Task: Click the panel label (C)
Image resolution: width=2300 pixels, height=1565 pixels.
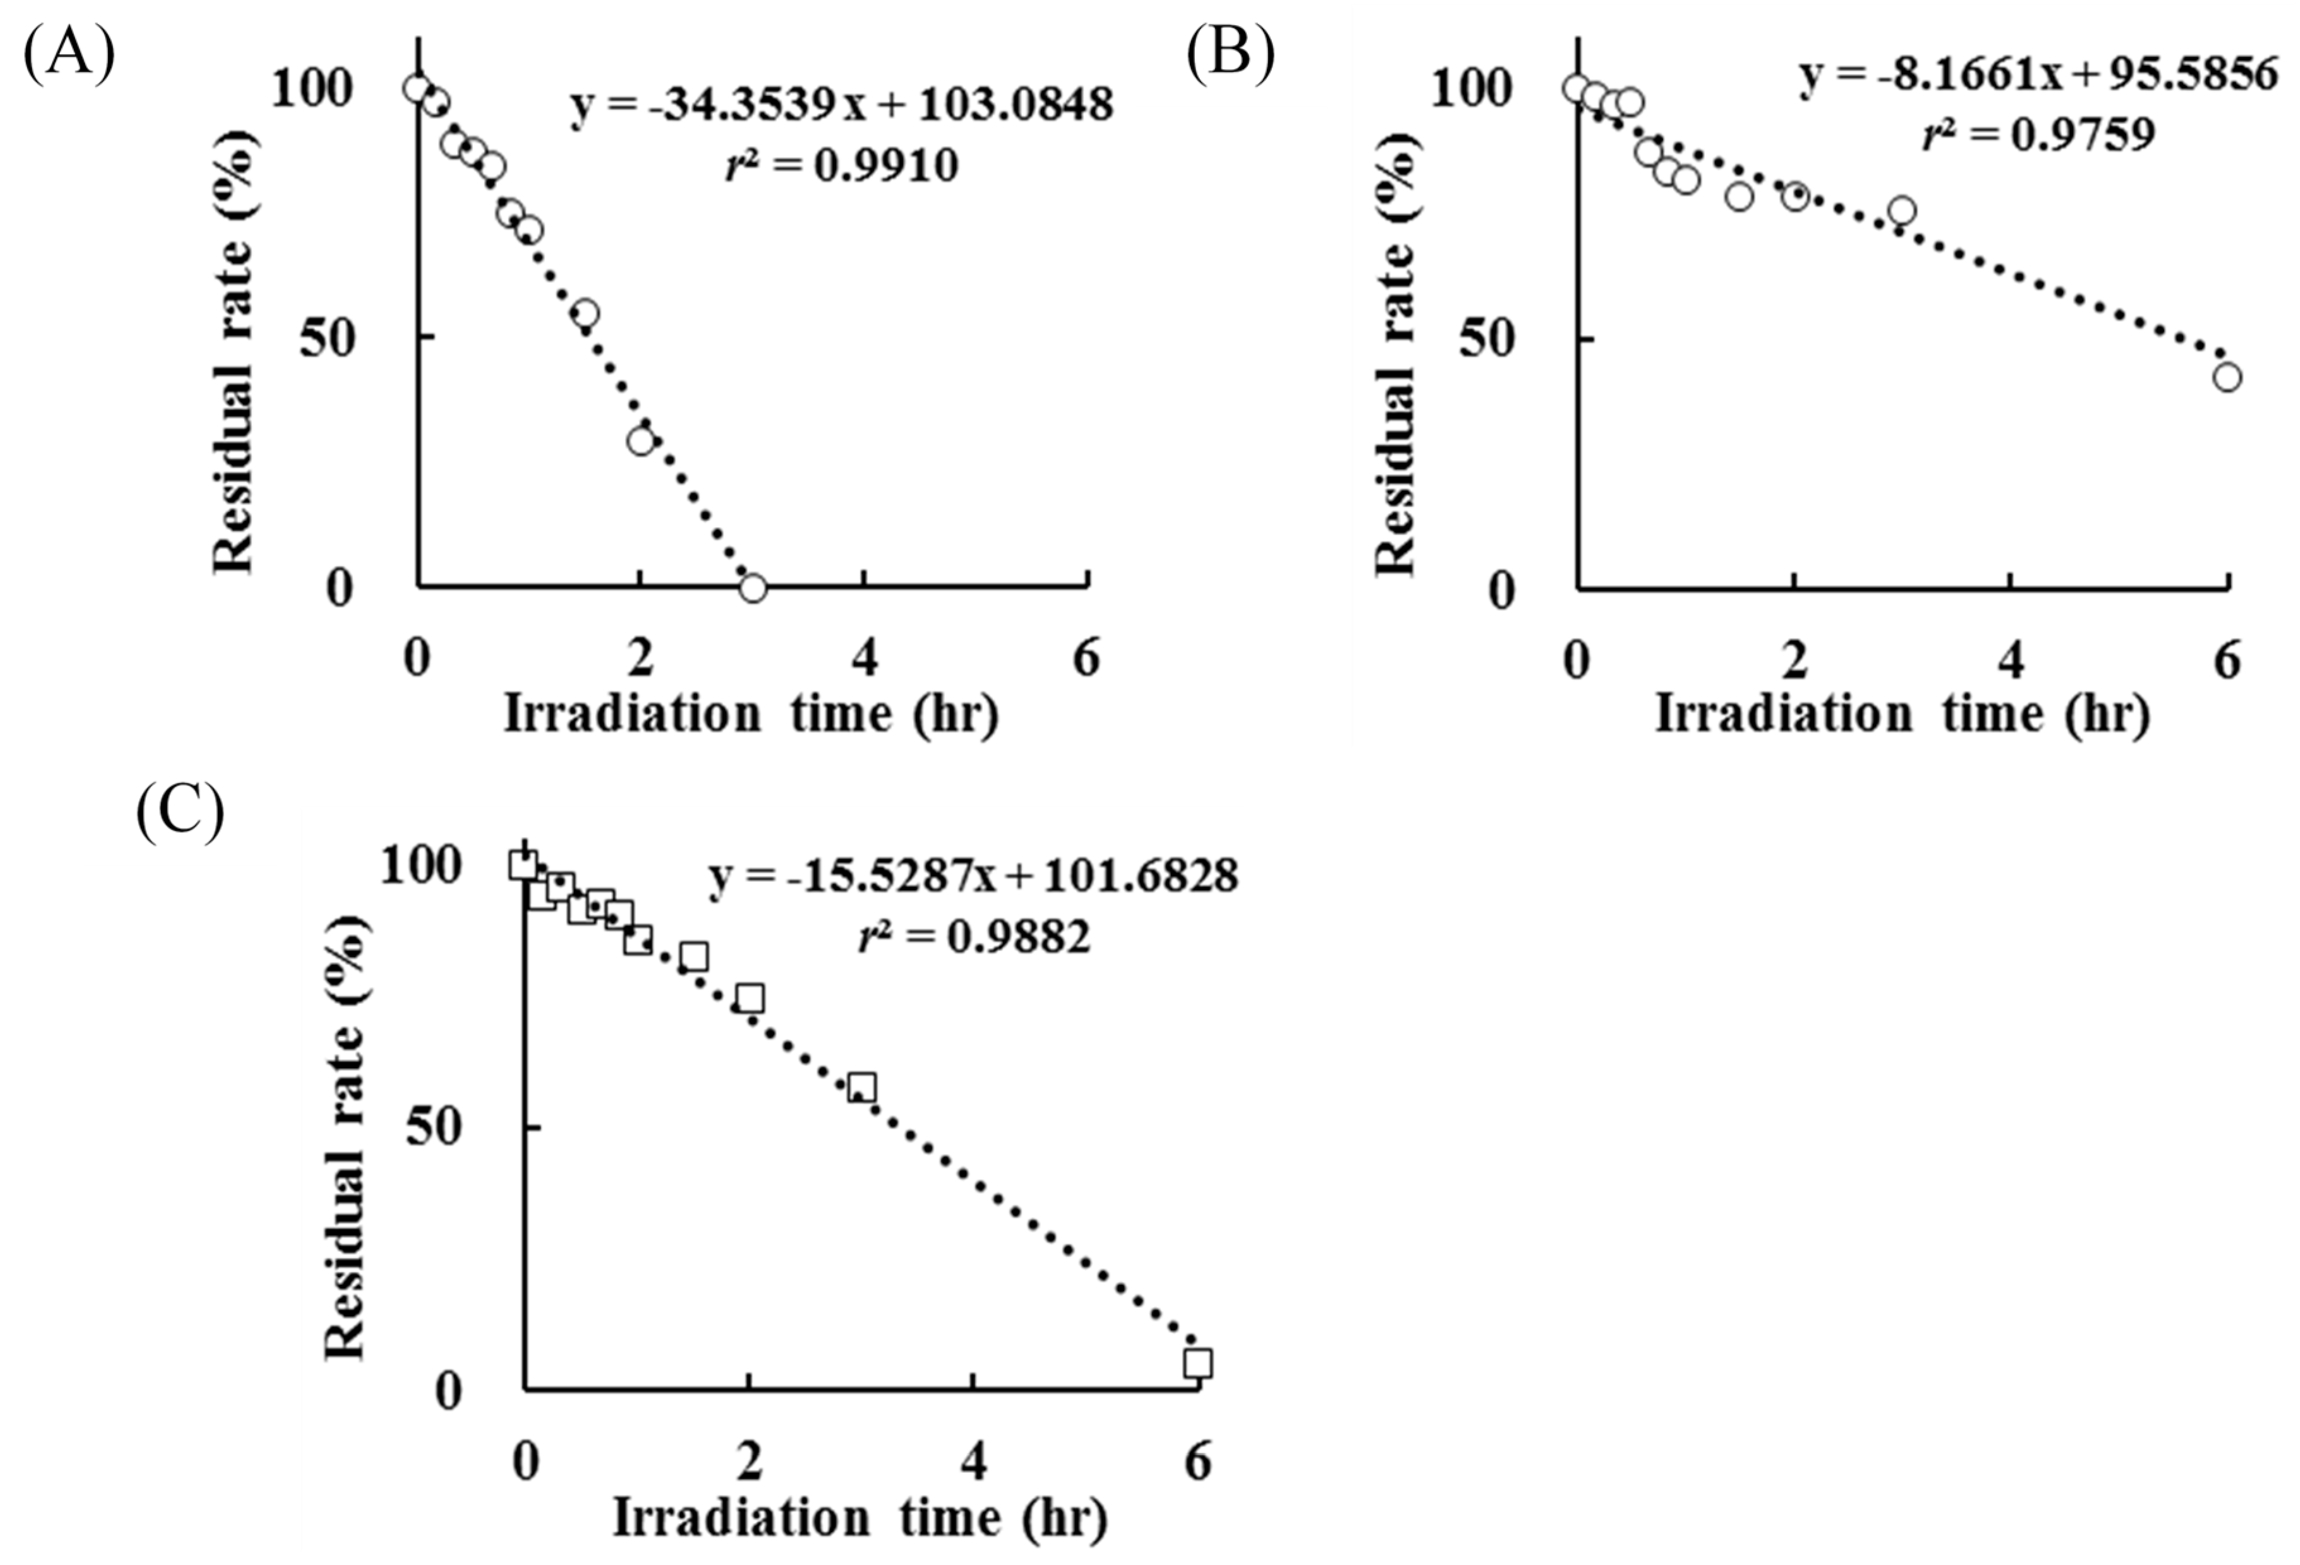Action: point(179,814)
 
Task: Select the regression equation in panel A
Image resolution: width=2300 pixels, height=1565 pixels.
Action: point(841,105)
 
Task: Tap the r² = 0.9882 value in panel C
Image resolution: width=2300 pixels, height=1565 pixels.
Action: point(974,936)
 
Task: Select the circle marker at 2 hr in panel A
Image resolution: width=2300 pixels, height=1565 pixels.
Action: point(641,441)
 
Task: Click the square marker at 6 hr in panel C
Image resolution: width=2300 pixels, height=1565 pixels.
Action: point(1197,1363)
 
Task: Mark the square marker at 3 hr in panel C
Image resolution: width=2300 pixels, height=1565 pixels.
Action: point(862,1087)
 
